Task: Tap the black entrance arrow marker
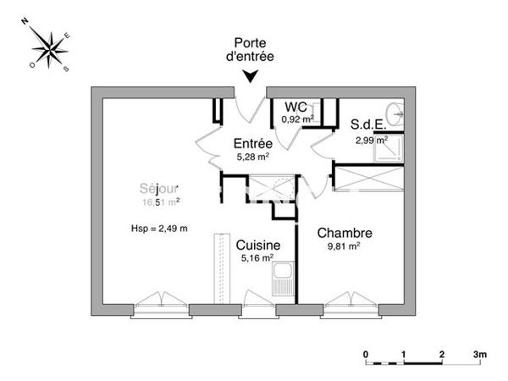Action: pos(251,77)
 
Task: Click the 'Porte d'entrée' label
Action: pos(251,50)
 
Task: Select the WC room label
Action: pos(295,107)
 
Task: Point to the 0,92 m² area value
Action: pos(298,119)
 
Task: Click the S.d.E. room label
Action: pos(368,124)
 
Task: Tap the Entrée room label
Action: pos(253,143)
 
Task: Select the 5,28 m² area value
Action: pos(253,157)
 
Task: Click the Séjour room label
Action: pos(160,189)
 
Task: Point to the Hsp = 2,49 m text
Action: pos(159,229)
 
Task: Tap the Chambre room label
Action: pos(345,232)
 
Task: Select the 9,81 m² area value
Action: pos(344,246)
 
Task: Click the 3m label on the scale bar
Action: pos(479,353)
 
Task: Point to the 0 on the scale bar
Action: pos(366,353)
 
